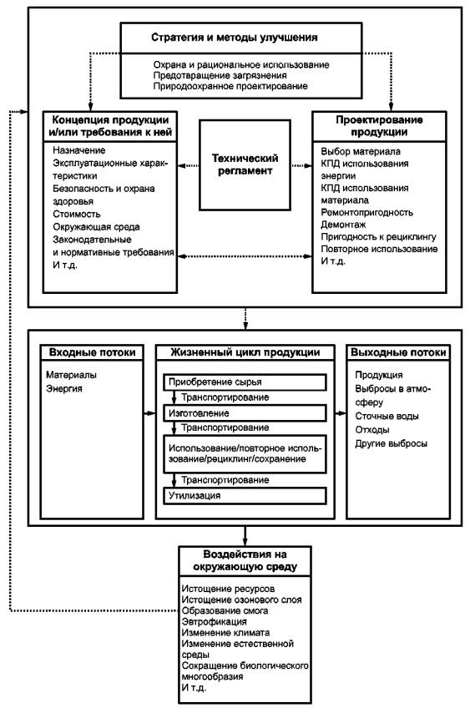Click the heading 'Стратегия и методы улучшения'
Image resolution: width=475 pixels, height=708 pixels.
point(235,38)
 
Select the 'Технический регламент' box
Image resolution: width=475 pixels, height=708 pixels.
point(245,164)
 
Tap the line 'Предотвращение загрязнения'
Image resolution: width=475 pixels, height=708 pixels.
point(220,75)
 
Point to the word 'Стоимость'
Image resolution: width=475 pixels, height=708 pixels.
point(76,214)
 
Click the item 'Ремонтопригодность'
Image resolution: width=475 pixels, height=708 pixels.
point(366,212)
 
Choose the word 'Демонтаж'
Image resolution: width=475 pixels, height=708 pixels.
point(343,225)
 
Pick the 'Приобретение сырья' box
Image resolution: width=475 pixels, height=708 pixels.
point(245,382)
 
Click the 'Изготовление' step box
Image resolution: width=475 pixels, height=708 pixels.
point(245,413)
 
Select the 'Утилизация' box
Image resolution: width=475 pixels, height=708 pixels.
point(245,495)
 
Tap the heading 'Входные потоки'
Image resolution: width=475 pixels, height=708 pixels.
point(92,352)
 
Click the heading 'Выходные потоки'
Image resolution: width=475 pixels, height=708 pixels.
point(398,352)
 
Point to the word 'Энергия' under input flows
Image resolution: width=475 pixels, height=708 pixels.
point(64,389)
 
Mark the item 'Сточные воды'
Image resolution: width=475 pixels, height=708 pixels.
point(387,416)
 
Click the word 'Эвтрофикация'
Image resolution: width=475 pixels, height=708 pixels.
point(214,622)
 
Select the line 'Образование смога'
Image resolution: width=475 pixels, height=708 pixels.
point(225,610)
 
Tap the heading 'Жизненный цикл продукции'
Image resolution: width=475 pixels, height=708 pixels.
point(245,352)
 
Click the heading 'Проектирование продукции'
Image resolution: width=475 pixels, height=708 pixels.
point(379,126)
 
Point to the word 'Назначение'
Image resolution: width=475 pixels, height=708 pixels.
point(79,150)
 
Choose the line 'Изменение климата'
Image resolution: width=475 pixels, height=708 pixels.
point(225,633)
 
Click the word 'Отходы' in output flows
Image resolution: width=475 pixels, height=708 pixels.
point(372,429)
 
